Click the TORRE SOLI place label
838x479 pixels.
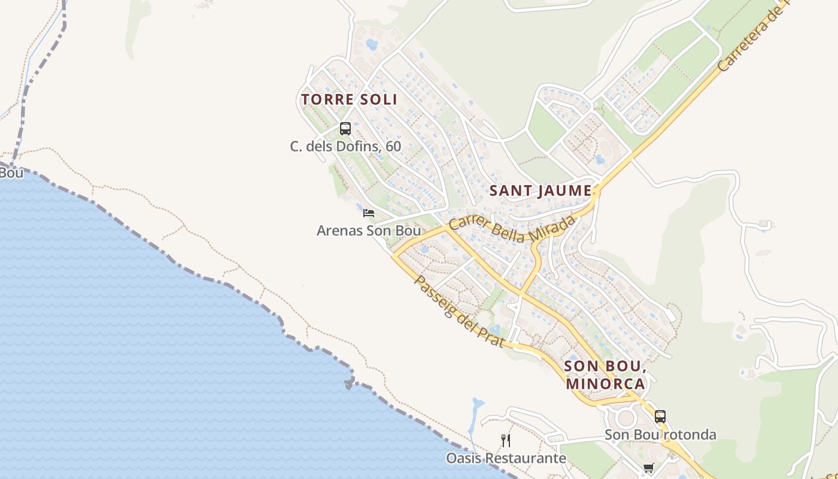[349, 99]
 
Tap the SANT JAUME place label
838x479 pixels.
[541, 191]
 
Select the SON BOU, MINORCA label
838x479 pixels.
[605, 374]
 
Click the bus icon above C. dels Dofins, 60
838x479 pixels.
[345, 128]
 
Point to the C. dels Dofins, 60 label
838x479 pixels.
[345, 146]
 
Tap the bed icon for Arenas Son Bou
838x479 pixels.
[369, 213]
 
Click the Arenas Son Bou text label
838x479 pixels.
[369, 231]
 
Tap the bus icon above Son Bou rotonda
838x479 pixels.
[660, 416]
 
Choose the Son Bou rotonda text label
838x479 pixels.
[660, 434]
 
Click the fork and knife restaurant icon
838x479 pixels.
[506, 441]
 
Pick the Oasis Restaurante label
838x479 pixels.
[506, 459]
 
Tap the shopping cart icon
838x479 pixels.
[648, 468]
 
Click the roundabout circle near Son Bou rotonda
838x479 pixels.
[626, 417]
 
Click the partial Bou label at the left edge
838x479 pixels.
[11, 173]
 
